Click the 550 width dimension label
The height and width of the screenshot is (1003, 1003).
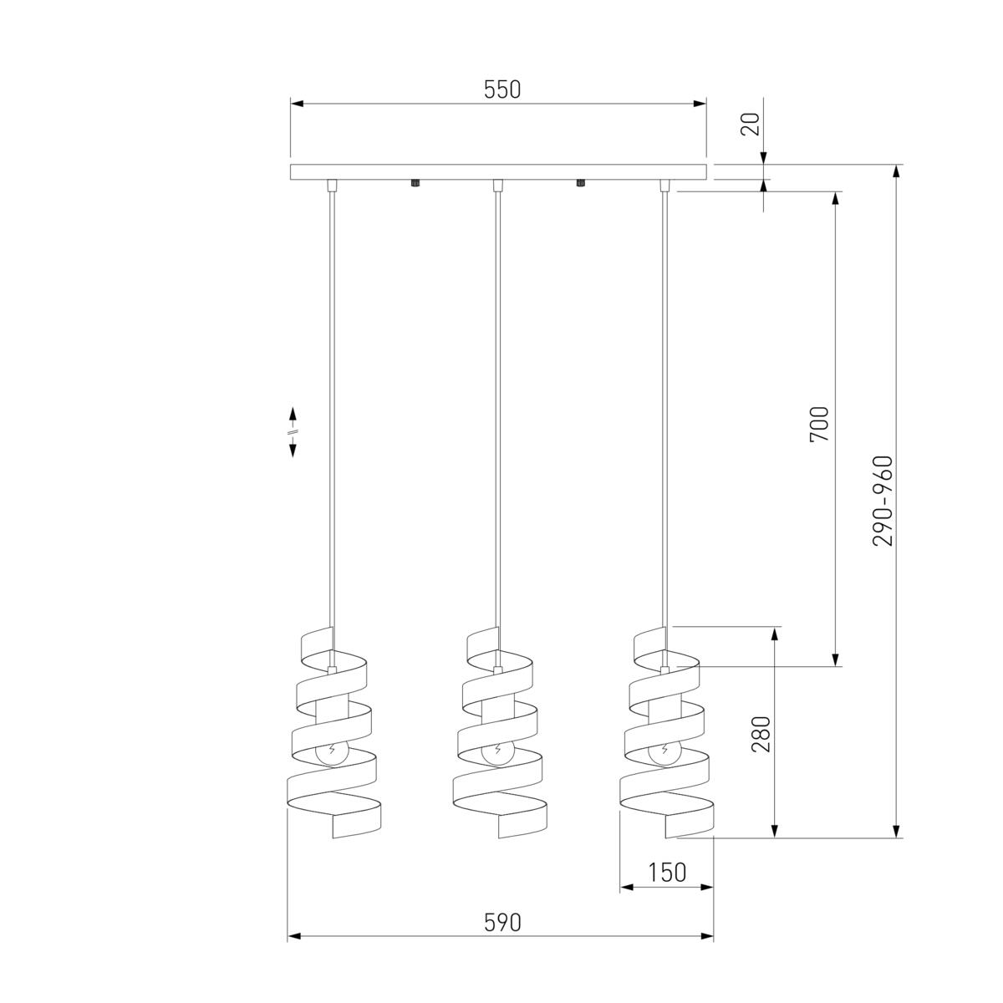click(x=502, y=89)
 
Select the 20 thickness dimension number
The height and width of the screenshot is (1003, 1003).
click(x=750, y=125)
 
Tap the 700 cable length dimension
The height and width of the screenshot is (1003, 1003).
click(x=820, y=424)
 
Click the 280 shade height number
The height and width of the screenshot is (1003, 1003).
click(x=761, y=734)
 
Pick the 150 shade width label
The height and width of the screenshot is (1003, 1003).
click(x=667, y=873)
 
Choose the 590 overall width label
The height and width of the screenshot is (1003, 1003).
click(x=502, y=922)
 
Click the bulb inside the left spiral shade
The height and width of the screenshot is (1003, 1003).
click(x=333, y=751)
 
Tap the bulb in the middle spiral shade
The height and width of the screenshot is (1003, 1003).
click(x=498, y=751)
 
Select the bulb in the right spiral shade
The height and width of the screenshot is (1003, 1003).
click(x=664, y=751)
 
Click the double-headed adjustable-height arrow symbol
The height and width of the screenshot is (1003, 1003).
click(x=293, y=432)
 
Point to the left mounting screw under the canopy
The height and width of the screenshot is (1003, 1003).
click(x=414, y=183)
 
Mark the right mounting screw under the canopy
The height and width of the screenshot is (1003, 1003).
click(x=578, y=183)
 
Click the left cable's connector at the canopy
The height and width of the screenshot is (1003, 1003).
click(x=332, y=185)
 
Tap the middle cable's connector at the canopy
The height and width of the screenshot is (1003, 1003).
click(x=496, y=185)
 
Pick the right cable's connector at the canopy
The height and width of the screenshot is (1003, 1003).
click(x=664, y=185)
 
